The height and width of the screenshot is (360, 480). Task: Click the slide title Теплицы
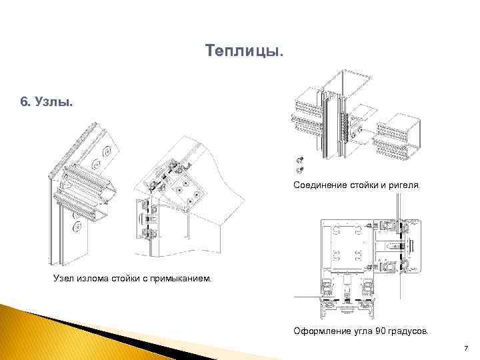coord(244,51)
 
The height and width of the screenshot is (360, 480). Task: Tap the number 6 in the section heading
coord(24,101)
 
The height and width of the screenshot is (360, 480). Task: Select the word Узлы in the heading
coord(53,101)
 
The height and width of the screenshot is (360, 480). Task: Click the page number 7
coord(466,348)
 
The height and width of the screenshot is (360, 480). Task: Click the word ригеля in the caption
coord(404,185)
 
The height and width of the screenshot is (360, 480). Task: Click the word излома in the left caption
coord(93,279)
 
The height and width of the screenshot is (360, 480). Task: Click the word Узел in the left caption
coord(63,278)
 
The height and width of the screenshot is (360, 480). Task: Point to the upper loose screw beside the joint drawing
coord(300,159)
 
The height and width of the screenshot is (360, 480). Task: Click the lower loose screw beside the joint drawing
coord(300,169)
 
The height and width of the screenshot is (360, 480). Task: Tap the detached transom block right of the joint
coord(397,137)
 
